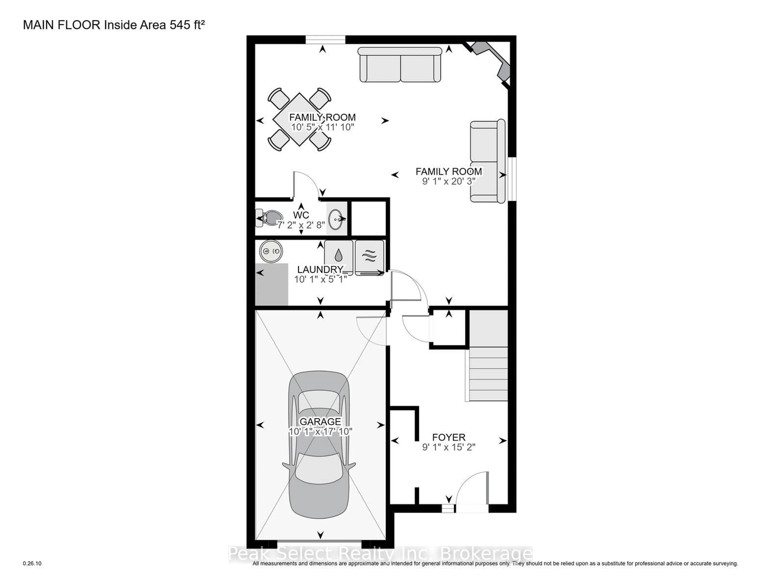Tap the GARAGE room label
pyautogui.click(x=320, y=421)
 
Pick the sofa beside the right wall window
pyautogui.click(x=487, y=161)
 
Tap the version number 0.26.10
pyautogui.click(x=32, y=563)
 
